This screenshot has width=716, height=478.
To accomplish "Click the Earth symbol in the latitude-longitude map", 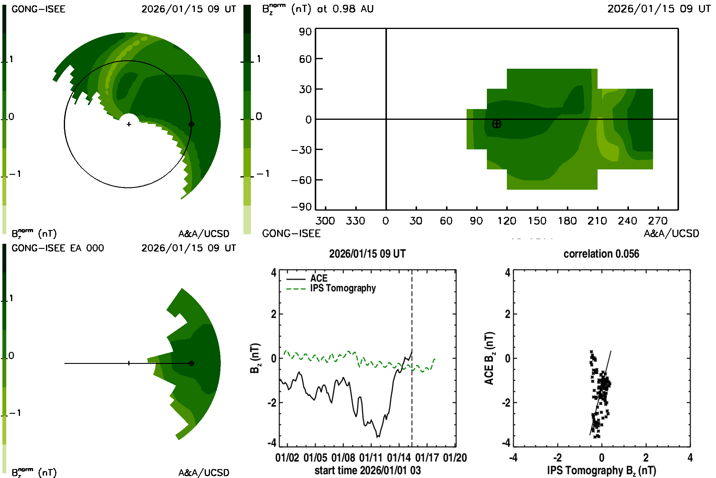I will [x=496, y=124].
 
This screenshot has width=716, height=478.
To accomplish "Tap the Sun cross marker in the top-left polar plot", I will [x=129, y=124].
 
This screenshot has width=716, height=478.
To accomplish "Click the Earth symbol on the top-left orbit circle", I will [x=191, y=124].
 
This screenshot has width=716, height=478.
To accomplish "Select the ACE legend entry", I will [x=318, y=278].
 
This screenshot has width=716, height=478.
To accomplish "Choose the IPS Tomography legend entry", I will [x=343, y=288].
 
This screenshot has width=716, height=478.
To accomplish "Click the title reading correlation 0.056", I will [x=601, y=254].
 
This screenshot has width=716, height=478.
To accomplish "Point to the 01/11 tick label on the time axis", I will [x=371, y=458].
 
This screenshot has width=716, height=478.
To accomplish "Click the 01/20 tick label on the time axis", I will [x=455, y=458].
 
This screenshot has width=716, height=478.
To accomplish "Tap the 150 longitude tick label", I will [x=537, y=221].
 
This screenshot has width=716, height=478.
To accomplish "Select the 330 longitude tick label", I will [x=355, y=221].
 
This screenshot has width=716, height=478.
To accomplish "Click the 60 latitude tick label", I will [x=305, y=59].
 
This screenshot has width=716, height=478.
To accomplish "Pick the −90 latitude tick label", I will [x=301, y=207].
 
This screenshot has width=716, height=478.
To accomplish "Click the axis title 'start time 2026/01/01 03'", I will [x=368, y=470].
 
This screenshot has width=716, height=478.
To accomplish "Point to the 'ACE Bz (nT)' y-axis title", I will [x=489, y=358].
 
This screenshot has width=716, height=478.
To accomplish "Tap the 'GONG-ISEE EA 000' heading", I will [x=58, y=248].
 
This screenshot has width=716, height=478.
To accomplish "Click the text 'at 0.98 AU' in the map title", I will [x=345, y=9].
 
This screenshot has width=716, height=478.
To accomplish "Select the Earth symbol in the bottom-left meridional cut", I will [x=191, y=363].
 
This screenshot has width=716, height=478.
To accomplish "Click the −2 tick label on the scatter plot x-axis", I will [x=557, y=458].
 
